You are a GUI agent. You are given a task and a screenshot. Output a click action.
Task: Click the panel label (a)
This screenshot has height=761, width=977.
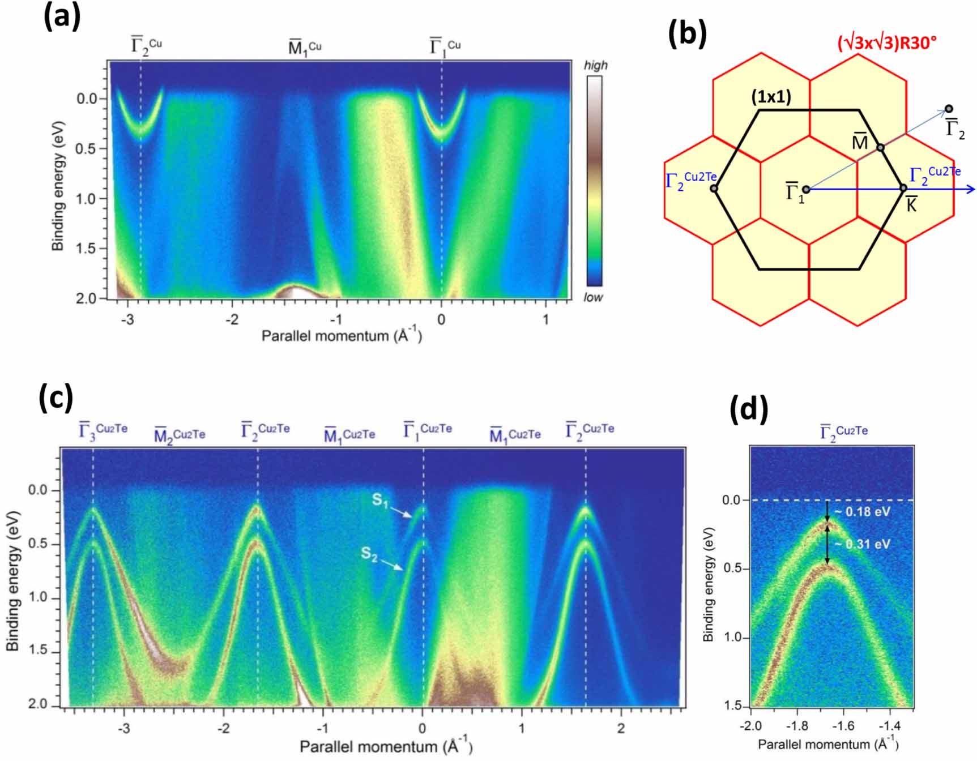click(x=62, y=16)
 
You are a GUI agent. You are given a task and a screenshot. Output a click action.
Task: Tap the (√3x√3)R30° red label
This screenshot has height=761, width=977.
click(x=887, y=43)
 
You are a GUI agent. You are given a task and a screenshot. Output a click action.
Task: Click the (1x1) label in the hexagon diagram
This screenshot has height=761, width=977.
click(x=771, y=97)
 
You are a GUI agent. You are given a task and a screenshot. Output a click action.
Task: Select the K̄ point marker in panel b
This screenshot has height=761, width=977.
click(x=903, y=188)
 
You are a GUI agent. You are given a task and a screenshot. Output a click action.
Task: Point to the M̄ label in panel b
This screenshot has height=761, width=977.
click(x=859, y=142)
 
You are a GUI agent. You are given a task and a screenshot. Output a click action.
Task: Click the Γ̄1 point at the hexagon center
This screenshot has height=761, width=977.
click(x=806, y=189)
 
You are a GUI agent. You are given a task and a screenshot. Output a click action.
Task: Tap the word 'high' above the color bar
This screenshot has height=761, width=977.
click(x=595, y=66)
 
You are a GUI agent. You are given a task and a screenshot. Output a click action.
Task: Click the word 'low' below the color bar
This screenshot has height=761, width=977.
click(x=593, y=297)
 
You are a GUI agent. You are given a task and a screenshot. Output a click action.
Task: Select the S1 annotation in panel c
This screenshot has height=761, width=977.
click(x=380, y=501)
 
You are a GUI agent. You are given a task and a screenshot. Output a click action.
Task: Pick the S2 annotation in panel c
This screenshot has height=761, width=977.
click(x=369, y=553)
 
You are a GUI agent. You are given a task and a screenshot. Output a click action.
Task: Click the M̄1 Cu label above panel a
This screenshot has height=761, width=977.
click(x=305, y=48)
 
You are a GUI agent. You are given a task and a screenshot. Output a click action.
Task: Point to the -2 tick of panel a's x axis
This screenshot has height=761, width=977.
click(x=232, y=319)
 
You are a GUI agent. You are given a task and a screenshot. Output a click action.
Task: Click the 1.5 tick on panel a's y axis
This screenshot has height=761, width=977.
click(x=87, y=248)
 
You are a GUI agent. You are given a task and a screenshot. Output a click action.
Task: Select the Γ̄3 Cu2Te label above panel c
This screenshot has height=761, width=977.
click(x=103, y=431)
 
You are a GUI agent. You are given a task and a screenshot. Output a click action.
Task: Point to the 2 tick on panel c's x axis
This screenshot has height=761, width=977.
click(x=621, y=728)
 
